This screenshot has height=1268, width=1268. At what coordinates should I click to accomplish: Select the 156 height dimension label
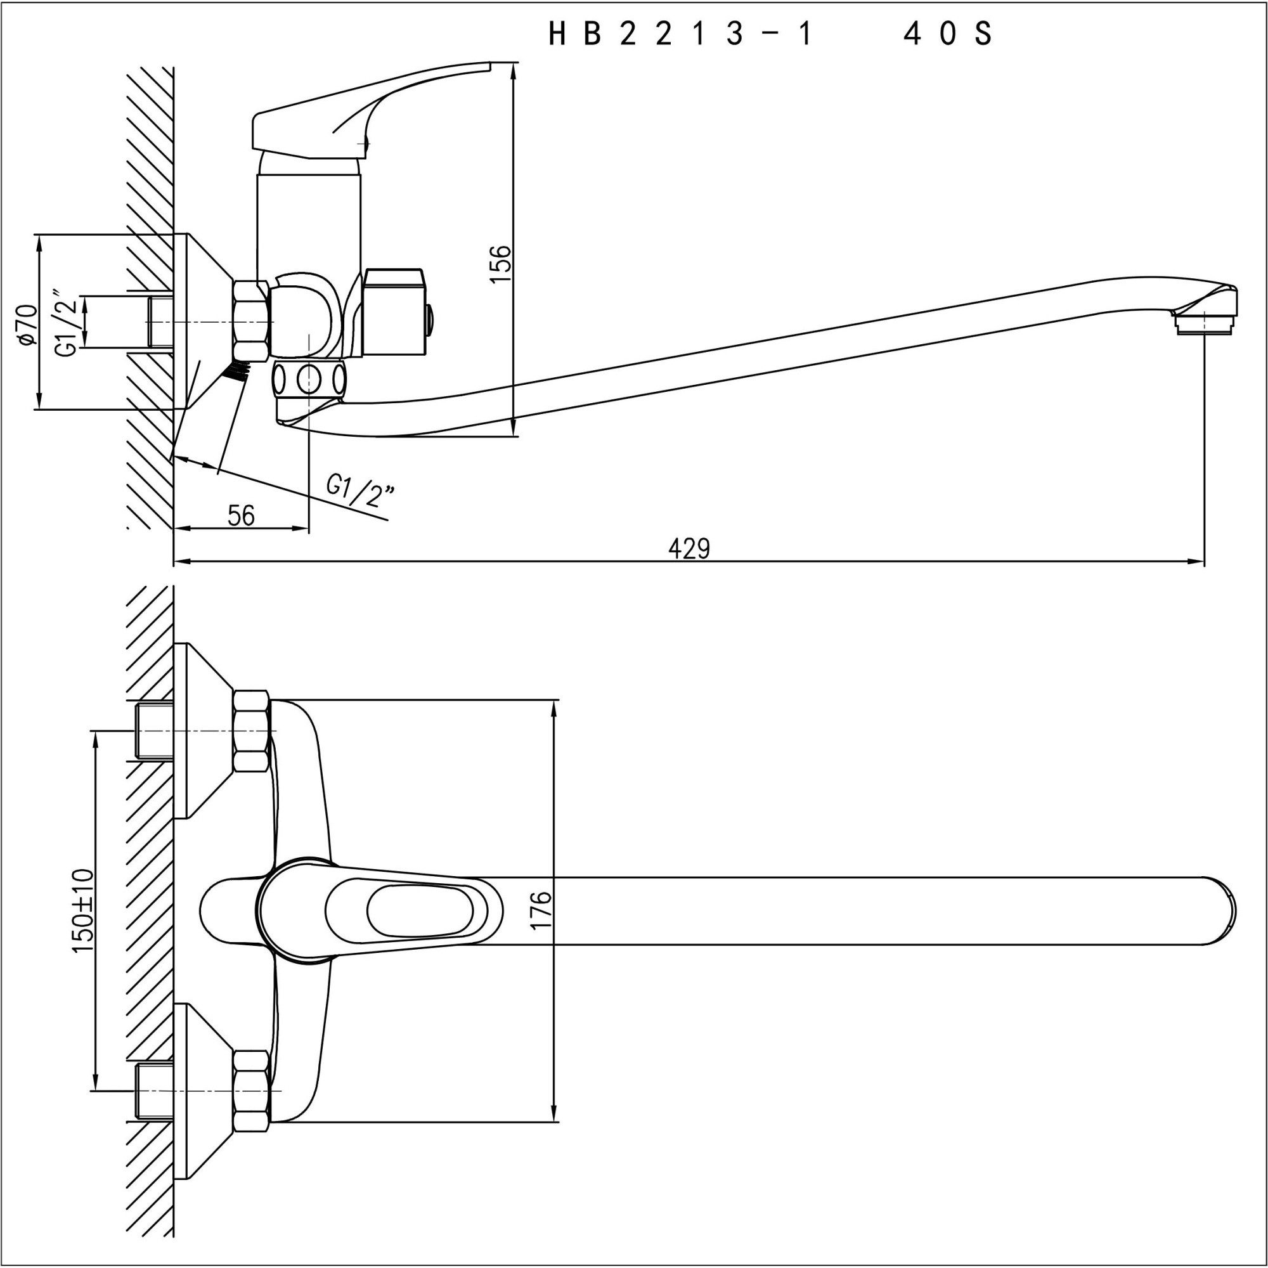pyautogui.click(x=501, y=263)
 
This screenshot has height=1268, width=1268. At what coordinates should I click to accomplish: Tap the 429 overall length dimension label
pyautogui.click(x=689, y=548)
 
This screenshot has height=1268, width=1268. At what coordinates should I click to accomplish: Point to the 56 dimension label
pyautogui.click(x=241, y=515)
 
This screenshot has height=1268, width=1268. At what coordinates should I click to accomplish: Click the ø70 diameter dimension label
pyautogui.click(x=26, y=323)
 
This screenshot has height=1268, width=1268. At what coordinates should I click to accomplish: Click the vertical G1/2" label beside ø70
pyautogui.click(x=68, y=322)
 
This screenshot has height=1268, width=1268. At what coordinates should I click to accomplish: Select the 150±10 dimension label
pyautogui.click(x=83, y=912)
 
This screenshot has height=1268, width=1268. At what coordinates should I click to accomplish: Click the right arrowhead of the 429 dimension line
pyautogui.click(x=1198, y=562)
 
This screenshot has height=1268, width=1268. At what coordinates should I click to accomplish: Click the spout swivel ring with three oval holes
pyautogui.click(x=309, y=378)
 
